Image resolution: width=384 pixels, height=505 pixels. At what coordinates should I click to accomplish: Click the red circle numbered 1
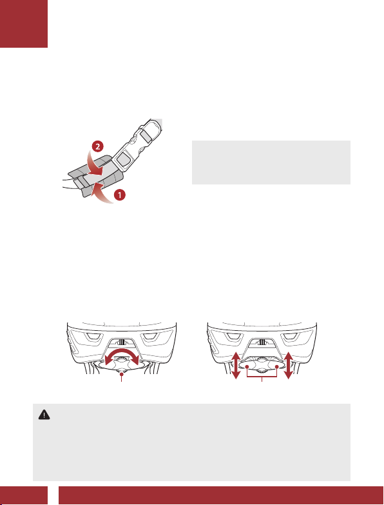point(120,195)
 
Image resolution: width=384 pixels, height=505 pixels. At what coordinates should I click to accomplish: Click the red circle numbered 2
point(98,146)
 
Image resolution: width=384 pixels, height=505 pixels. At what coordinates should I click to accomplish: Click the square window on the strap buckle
point(123,158)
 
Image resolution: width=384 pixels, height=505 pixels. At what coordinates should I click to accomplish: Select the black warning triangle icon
point(44,415)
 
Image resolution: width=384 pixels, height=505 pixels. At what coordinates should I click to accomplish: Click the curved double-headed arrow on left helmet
point(122,354)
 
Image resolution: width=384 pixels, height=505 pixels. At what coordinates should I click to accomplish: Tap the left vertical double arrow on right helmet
point(236,365)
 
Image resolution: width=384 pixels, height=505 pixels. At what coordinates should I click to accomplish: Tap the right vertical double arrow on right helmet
point(289,365)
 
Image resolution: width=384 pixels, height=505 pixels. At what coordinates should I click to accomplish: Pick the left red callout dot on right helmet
point(247,366)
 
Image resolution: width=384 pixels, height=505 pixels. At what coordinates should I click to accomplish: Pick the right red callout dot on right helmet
point(277,366)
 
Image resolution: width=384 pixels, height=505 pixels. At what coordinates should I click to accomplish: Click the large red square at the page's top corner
point(24,24)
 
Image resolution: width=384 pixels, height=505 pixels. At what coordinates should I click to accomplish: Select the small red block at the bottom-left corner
point(24,495)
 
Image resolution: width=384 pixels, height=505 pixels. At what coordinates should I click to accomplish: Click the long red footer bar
point(221,495)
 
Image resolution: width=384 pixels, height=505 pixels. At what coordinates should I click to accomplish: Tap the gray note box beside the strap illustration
point(271,163)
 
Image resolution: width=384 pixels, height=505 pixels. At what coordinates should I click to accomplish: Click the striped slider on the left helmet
point(122,342)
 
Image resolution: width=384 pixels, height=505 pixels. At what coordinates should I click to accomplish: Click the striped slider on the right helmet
point(262,342)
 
